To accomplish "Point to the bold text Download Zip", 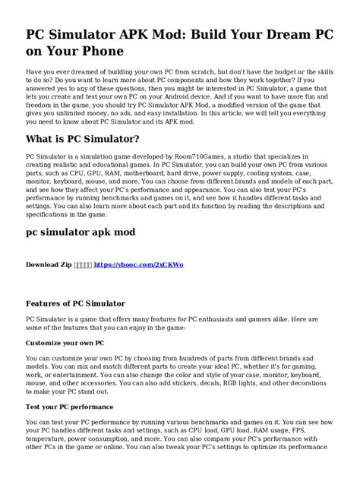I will coord(50,266).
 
